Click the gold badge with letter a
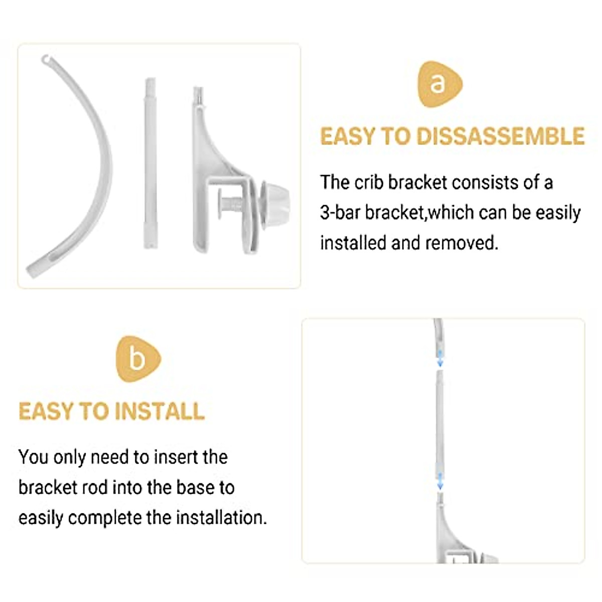tap(438, 84)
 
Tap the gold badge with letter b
tap(137, 359)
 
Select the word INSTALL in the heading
tap(159, 411)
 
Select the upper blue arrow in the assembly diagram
tap(440, 358)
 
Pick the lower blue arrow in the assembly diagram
tap(440, 480)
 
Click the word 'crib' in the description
tap(370, 183)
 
